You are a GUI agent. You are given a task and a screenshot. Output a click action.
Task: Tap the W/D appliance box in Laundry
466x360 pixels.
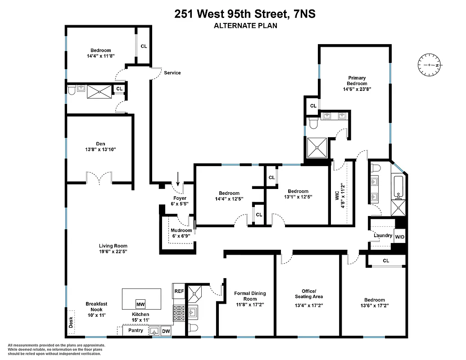[399, 237]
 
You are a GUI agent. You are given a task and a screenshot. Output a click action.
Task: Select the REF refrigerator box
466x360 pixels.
[179, 291]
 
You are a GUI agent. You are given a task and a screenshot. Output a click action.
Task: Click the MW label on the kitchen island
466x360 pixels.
[140, 303]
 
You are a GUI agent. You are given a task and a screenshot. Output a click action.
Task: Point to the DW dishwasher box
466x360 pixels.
[166, 331]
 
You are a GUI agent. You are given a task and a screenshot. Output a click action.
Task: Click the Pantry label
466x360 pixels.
[136, 330]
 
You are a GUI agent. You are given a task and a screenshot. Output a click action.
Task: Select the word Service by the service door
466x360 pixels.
[172, 73]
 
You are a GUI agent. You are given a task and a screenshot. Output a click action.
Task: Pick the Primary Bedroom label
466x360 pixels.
[357, 81]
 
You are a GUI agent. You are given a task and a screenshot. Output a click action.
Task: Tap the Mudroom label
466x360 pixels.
[181, 230]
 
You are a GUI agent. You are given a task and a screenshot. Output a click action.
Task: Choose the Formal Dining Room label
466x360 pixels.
[250, 296]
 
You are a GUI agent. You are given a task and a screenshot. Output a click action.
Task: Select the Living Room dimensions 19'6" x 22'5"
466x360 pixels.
[113, 252]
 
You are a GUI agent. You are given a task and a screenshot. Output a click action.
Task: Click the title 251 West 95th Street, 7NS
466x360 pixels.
[245, 14]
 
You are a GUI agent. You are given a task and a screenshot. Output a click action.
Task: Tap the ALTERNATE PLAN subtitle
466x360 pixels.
[245, 26]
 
